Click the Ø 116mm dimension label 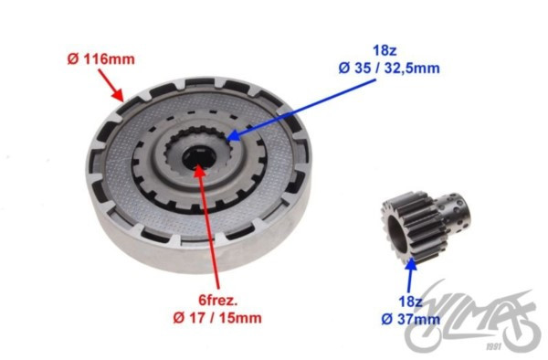[x=101, y=59]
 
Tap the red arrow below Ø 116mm [x=111, y=85]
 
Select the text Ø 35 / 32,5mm [x=389, y=68]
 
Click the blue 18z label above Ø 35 [x=385, y=50]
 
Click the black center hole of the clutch [x=198, y=158]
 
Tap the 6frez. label [x=218, y=300]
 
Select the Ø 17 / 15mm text [x=217, y=318]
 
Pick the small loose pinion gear [x=426, y=228]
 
